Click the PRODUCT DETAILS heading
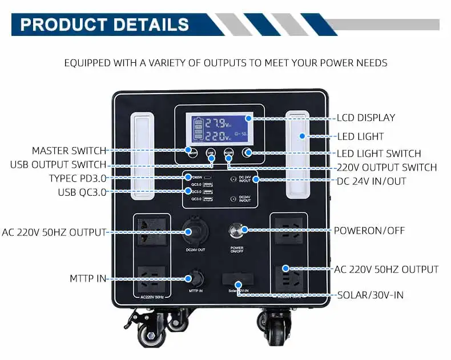pos(104,25)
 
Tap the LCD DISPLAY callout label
pos(365,118)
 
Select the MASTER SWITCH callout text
pos(69,151)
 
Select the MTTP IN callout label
pos(88,279)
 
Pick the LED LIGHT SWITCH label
pos(378,153)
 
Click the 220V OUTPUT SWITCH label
pos(386,167)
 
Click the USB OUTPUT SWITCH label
pos(58,165)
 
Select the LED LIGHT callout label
pos(360,136)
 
